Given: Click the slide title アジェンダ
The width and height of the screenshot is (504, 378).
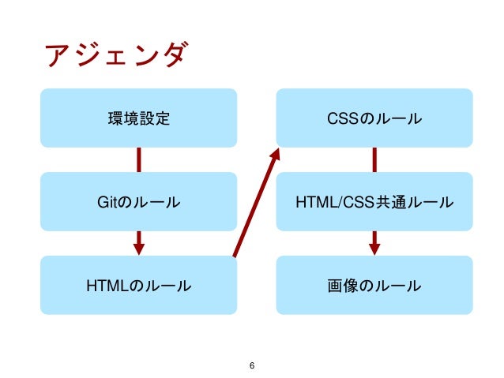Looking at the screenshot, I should [x=117, y=57].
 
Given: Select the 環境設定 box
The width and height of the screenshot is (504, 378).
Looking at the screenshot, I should [x=138, y=118].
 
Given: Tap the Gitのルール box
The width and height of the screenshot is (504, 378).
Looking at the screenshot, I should [x=138, y=202].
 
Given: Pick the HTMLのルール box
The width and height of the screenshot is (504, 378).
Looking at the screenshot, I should [x=138, y=285].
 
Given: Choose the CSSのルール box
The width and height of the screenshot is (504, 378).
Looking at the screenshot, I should [x=374, y=118].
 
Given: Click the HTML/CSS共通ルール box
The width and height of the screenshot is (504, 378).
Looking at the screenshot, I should [x=374, y=202].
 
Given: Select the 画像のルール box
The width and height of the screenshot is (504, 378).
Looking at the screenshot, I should [x=374, y=285].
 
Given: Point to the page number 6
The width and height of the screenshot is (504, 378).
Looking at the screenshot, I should [x=251, y=365].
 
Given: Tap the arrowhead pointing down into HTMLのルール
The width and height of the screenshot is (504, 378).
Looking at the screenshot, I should [x=138, y=248].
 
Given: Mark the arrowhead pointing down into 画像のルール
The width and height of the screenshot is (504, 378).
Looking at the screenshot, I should [x=374, y=248].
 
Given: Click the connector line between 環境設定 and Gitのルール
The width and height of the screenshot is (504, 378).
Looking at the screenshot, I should [x=138, y=159].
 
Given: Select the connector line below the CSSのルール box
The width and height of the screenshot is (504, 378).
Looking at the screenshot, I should [x=374, y=159].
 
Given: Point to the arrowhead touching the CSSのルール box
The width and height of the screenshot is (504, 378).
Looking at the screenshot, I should [x=276, y=154].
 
